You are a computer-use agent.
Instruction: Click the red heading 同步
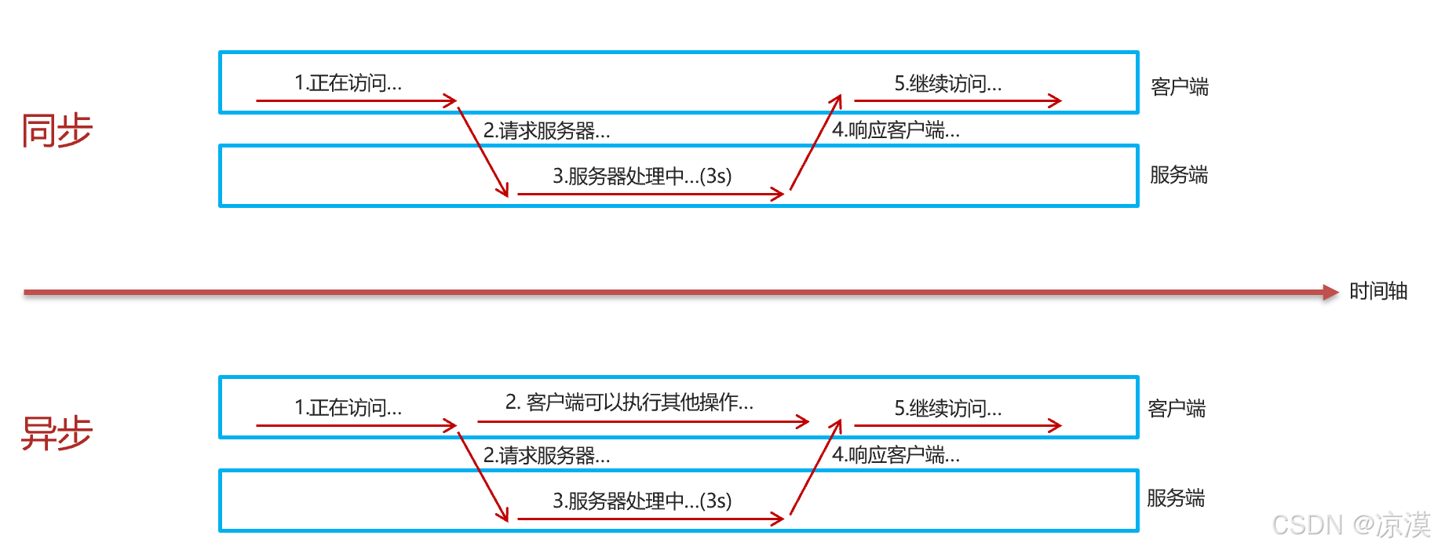(x=57, y=130)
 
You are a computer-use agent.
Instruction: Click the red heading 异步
(x=57, y=432)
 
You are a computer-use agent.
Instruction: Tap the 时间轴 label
(x=1377, y=291)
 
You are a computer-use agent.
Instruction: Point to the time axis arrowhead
(x=1330, y=293)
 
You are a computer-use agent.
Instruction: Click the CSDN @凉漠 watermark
(x=1350, y=525)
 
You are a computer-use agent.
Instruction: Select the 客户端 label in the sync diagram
(x=1179, y=86)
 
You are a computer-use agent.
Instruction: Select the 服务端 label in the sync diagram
(x=1178, y=175)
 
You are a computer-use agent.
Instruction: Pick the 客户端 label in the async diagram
(x=1176, y=408)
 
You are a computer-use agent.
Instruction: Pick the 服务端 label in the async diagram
(x=1175, y=497)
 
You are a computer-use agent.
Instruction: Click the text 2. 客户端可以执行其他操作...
(x=629, y=402)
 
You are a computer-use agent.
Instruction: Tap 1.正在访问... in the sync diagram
(x=348, y=83)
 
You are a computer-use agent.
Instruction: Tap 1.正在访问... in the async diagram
(x=348, y=408)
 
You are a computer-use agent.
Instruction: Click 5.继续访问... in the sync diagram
(x=947, y=84)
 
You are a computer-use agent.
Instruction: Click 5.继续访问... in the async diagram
(x=947, y=409)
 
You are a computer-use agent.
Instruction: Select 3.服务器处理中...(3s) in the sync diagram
(x=641, y=177)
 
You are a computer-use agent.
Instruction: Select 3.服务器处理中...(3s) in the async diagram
(x=641, y=501)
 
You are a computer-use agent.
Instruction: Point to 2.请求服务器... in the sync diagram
(x=546, y=131)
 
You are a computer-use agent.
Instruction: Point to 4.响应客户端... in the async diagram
(x=896, y=455)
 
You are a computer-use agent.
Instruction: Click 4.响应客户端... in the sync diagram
(x=896, y=130)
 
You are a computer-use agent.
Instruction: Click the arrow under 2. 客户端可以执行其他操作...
(x=642, y=422)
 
